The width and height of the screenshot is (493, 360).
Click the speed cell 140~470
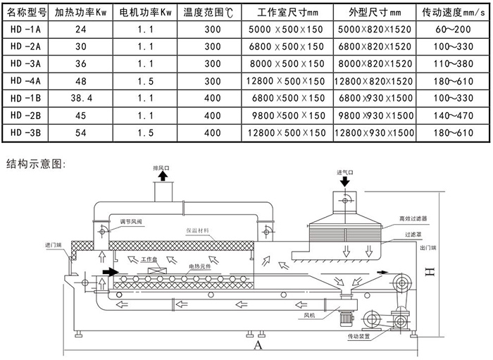(x=454, y=115)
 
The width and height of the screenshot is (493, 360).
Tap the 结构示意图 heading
(x=36, y=164)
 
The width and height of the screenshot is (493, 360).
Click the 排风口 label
(x=162, y=168)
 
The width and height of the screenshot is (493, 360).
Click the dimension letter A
(x=258, y=346)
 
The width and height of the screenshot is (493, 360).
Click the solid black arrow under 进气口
(x=345, y=182)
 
